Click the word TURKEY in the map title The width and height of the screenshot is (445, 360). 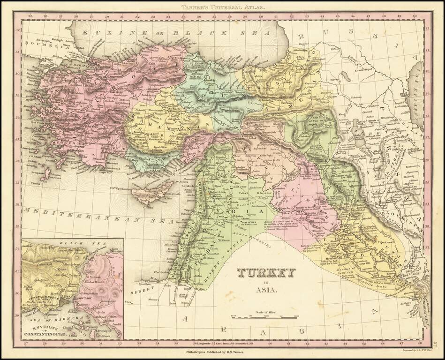(266, 273)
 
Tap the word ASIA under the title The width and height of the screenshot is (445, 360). (266, 290)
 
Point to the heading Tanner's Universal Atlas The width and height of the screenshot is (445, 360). (223, 7)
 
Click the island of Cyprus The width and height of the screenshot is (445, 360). (149, 194)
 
